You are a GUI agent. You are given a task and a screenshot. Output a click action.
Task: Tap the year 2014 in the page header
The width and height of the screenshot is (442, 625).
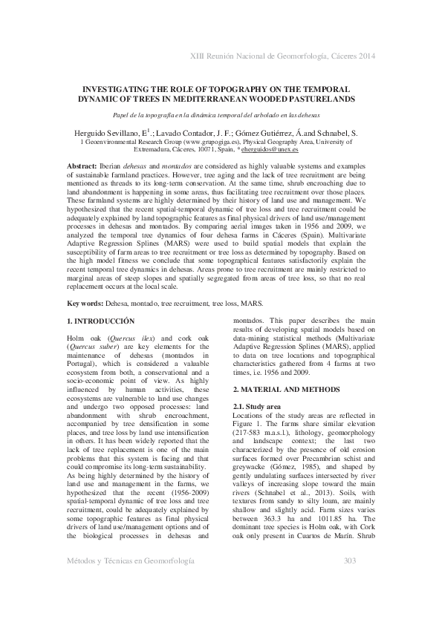click(363, 56)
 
